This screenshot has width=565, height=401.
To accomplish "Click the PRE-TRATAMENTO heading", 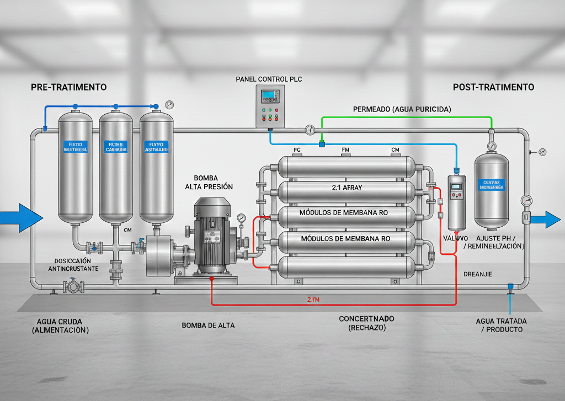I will click(69, 87).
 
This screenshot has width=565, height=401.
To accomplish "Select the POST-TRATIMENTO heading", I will click(493, 87).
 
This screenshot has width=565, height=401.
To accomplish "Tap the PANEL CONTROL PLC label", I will click(269, 79).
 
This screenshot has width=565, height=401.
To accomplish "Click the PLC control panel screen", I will click(269, 95).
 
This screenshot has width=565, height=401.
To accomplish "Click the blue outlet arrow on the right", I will click(548, 218).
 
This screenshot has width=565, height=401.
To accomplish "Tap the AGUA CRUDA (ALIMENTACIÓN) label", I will click(62, 325).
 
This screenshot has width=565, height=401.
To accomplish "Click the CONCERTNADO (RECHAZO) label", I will click(366, 323).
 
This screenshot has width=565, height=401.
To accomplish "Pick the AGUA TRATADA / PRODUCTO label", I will click(501, 325).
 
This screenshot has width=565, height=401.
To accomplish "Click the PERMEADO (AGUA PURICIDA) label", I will click(402, 109).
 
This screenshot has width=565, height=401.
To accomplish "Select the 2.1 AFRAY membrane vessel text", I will click(344, 188).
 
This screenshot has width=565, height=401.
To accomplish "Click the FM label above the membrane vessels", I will click(346, 149).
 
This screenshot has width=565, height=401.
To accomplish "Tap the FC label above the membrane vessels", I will click(296, 149).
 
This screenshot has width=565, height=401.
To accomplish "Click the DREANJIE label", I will click(478, 274).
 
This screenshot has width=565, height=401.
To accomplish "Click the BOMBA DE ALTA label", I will click(208, 325).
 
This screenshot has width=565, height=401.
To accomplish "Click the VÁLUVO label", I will click(455, 238).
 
